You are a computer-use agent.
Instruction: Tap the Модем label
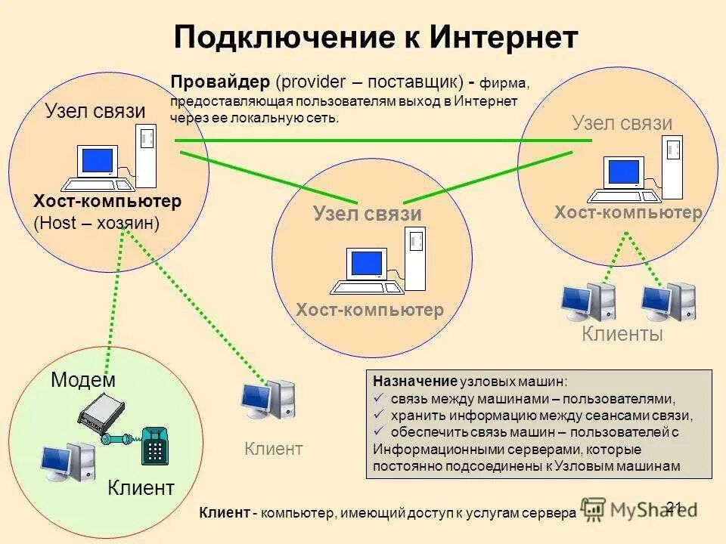point(83,380)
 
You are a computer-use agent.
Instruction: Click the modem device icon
point(101,415)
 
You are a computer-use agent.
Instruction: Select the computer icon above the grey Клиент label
point(268,399)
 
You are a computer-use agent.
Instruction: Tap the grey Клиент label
point(274,449)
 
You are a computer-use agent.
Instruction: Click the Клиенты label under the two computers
point(622,334)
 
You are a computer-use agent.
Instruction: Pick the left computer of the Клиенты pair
point(588,301)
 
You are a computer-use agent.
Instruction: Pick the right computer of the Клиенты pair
point(669,301)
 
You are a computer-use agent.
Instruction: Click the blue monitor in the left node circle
point(98,162)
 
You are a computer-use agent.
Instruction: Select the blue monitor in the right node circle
point(625,173)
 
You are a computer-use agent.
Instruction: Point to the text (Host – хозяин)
point(97,224)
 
